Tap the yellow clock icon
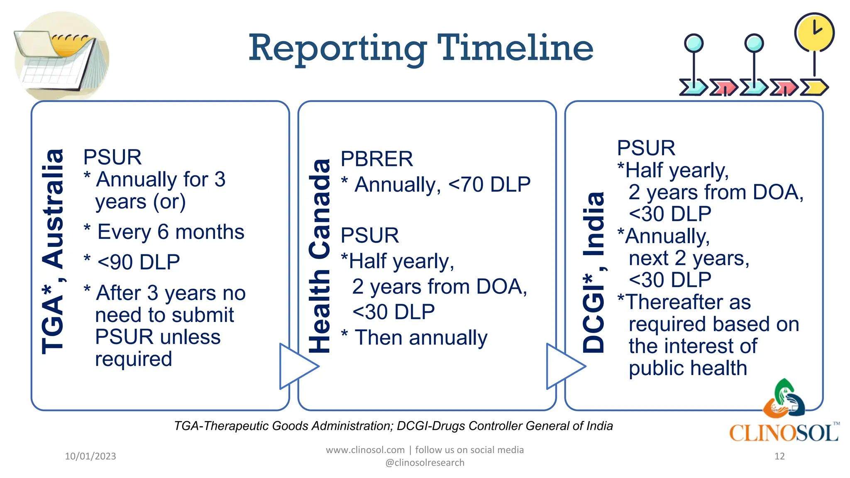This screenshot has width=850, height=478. tap(814, 32)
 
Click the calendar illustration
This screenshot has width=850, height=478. tap(61, 56)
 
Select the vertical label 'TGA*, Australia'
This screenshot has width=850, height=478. tap(53, 251)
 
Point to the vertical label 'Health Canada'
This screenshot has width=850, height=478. tap(320, 256)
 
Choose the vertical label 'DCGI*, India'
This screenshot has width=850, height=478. tap(594, 272)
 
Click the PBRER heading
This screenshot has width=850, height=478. tap(376, 159)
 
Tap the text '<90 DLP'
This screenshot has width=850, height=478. tap(139, 262)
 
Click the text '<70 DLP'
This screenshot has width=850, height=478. tap(489, 184)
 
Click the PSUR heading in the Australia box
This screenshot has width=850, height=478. tap(112, 157)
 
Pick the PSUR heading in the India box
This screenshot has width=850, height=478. tap(646, 148)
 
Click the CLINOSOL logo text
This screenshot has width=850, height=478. tap(784, 433)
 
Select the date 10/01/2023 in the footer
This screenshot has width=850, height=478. tap(90, 456)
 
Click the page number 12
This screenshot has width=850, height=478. tap(779, 456)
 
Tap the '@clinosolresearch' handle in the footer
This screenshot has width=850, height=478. tap(425, 463)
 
